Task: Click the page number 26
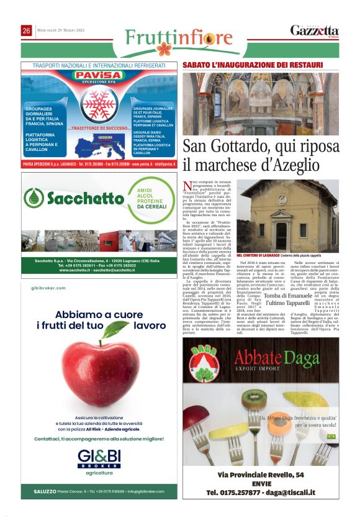tap(27, 30)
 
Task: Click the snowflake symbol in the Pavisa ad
tap(96, 102)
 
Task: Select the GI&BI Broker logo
tap(99, 460)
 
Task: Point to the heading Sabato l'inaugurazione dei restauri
tap(253, 65)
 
